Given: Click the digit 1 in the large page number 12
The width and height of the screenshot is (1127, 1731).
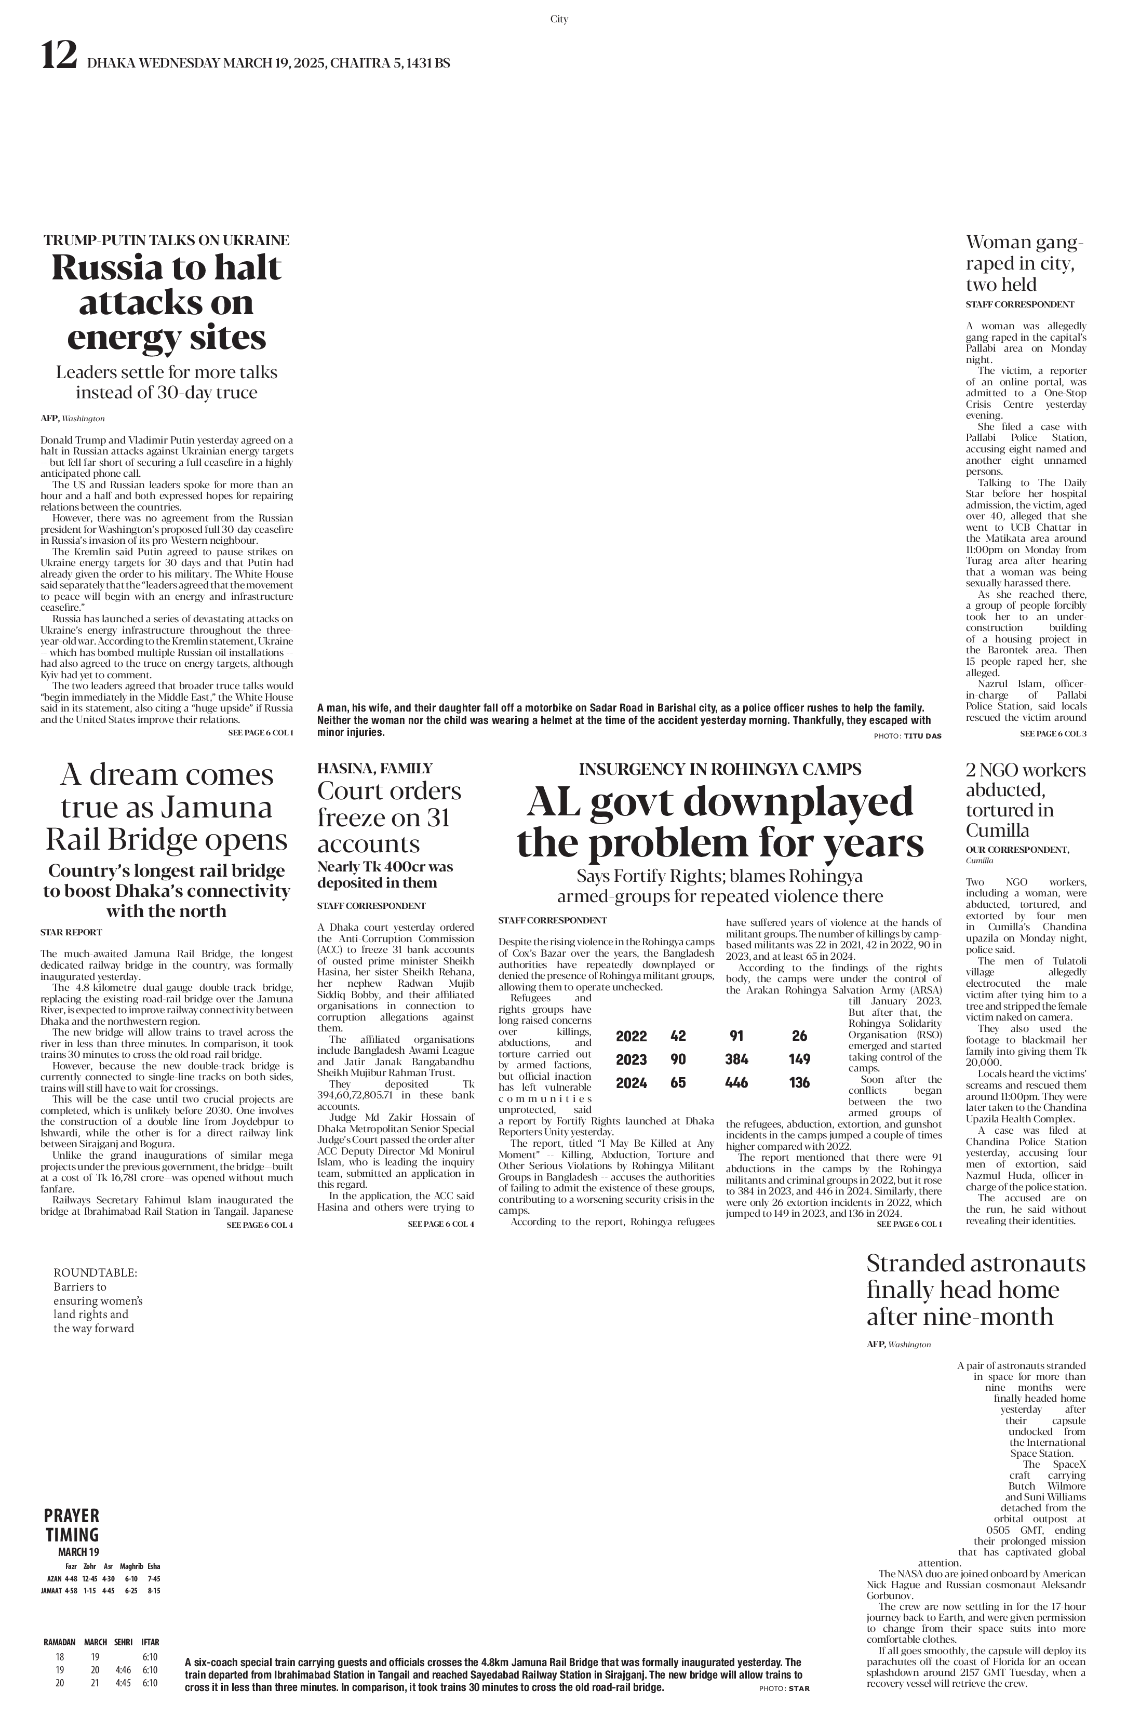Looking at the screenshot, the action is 49,55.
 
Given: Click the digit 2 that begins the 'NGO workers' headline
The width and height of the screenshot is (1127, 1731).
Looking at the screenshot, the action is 971,770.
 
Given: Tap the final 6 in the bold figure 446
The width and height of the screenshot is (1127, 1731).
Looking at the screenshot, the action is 744,1082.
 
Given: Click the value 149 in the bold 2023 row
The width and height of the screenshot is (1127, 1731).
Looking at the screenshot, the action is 799,1059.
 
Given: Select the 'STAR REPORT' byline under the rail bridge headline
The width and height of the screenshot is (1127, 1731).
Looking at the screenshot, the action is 71,932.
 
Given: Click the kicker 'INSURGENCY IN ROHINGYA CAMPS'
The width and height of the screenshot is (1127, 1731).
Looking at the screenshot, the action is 720,769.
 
